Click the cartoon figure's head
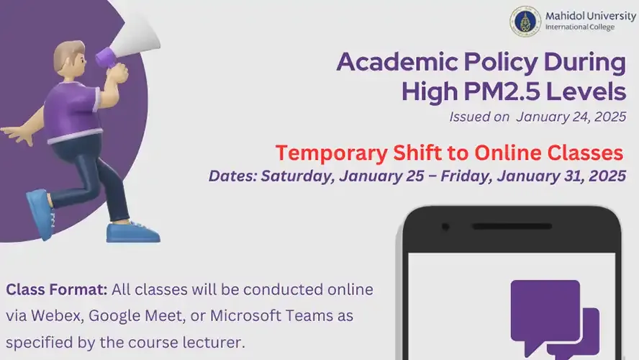(68, 59)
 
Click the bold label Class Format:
(57, 291)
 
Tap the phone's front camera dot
(446, 228)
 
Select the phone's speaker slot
(544, 227)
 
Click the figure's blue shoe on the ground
(132, 233)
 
